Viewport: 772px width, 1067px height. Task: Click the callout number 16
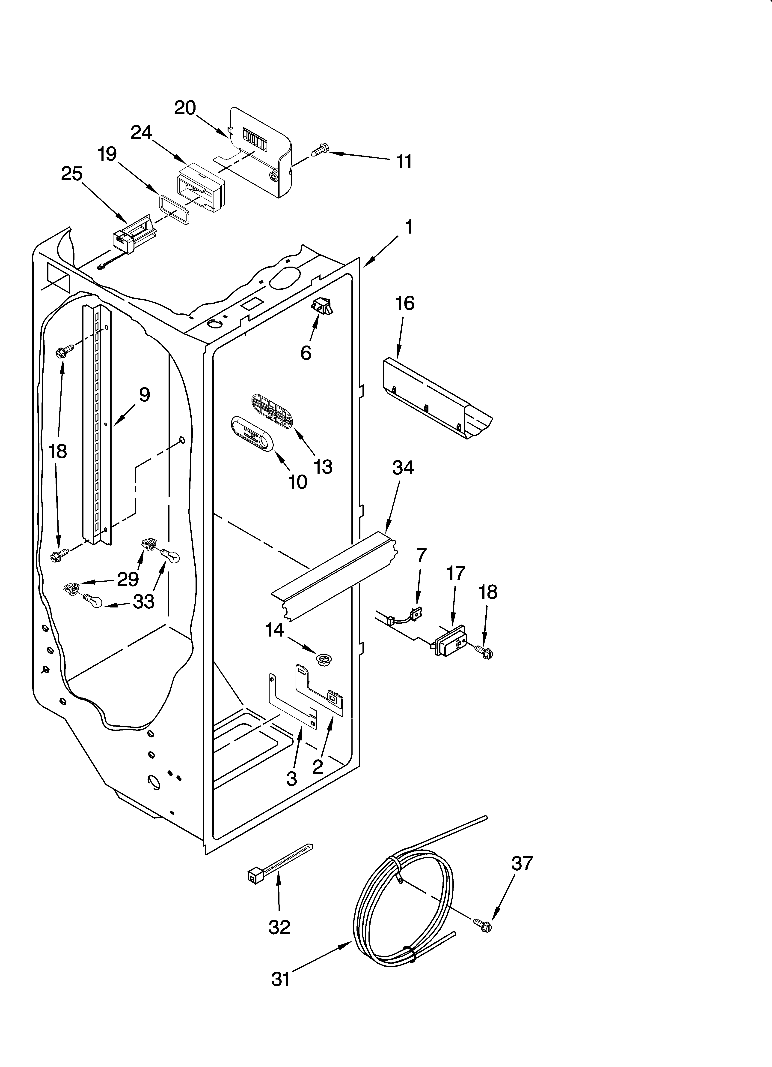coord(405,304)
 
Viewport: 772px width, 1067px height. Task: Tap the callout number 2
coord(318,766)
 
